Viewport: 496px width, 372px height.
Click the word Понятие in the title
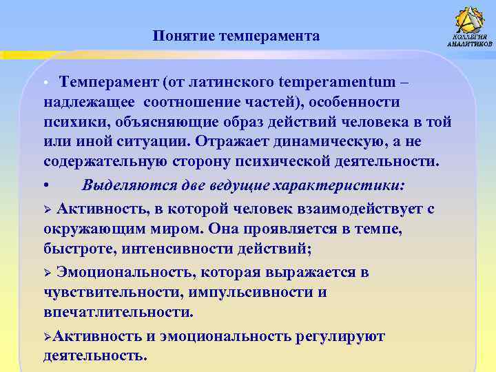pos(183,36)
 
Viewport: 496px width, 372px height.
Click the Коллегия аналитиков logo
pos(469,28)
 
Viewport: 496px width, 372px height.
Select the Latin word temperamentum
pos(338,82)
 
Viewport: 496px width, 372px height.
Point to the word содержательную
pos(103,161)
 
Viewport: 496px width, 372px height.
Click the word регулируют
pos(340,336)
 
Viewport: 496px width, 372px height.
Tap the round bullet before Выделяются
pos(45,186)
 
